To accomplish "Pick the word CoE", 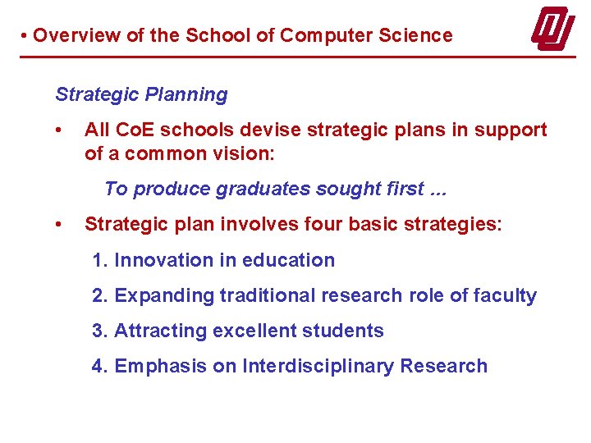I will (x=131, y=130).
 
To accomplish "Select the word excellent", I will (x=254, y=331).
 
